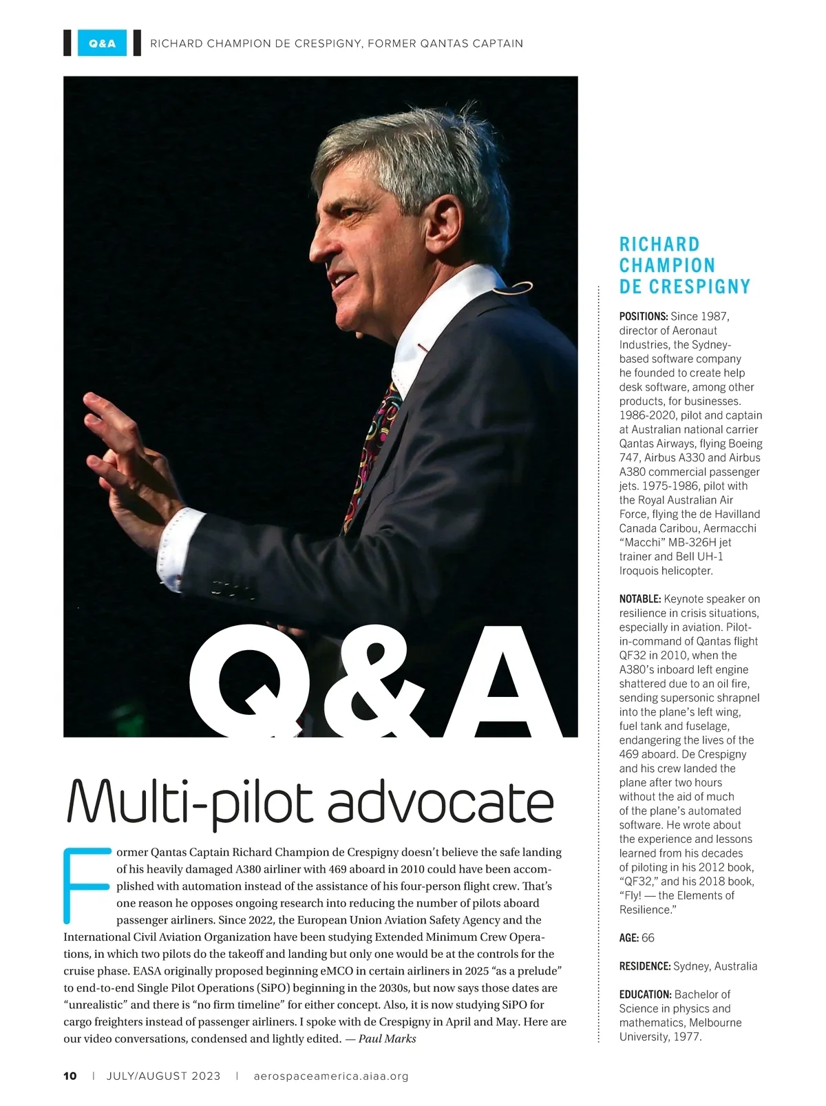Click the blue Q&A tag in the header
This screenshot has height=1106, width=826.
click(102, 43)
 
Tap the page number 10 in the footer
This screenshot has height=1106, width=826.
click(70, 1076)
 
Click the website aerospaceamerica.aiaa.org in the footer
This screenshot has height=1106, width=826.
click(331, 1076)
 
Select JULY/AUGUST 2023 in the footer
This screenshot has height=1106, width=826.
click(163, 1076)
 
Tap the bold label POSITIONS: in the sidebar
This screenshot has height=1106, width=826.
click(643, 316)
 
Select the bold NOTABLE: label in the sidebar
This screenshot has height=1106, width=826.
click(640, 598)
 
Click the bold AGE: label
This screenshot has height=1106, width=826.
click(628, 937)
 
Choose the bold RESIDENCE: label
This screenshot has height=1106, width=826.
click(644, 966)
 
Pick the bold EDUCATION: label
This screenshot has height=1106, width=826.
click(645, 994)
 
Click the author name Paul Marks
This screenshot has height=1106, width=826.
click(387, 1039)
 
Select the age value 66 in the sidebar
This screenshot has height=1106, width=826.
click(648, 937)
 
